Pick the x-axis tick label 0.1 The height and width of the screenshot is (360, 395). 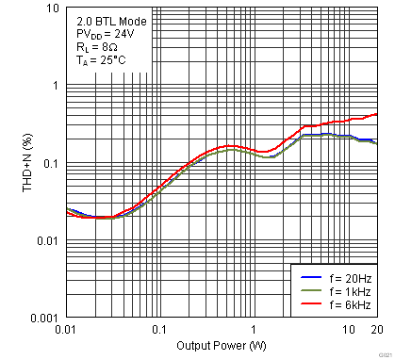(x=158, y=330)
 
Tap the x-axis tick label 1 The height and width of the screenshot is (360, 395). (x=254, y=330)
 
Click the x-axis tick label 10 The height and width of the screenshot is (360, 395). (x=348, y=330)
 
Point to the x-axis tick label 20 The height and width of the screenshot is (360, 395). (x=376, y=330)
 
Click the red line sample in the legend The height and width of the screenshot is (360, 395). (x=311, y=306)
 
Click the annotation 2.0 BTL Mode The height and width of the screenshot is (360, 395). (x=106, y=19)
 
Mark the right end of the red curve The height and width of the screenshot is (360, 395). (x=376, y=114)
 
